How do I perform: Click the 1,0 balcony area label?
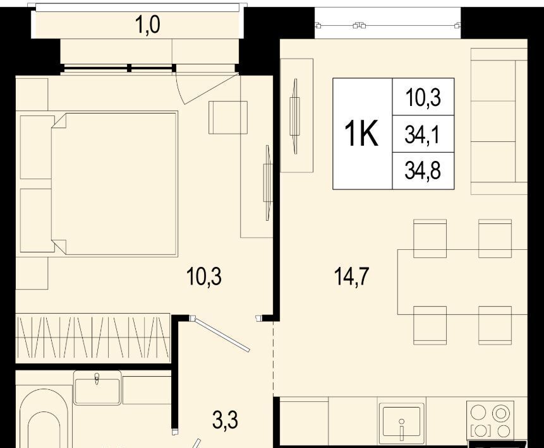(x=148, y=25)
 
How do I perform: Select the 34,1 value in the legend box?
(x=423, y=134)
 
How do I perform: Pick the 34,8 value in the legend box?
(x=423, y=171)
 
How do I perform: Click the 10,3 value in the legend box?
(x=423, y=97)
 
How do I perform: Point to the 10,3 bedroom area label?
(x=204, y=277)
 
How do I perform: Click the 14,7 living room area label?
(x=351, y=277)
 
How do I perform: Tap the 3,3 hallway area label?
(x=226, y=421)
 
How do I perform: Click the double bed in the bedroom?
(x=114, y=184)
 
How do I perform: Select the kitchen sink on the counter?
(x=402, y=423)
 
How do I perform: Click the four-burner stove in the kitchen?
(x=490, y=421)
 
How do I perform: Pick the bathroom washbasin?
(x=97, y=387)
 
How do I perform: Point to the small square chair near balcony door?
(x=228, y=117)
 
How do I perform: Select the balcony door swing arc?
(x=178, y=89)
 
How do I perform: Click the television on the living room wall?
(x=295, y=116)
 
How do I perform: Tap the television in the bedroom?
(x=267, y=183)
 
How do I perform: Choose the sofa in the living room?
(x=499, y=121)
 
